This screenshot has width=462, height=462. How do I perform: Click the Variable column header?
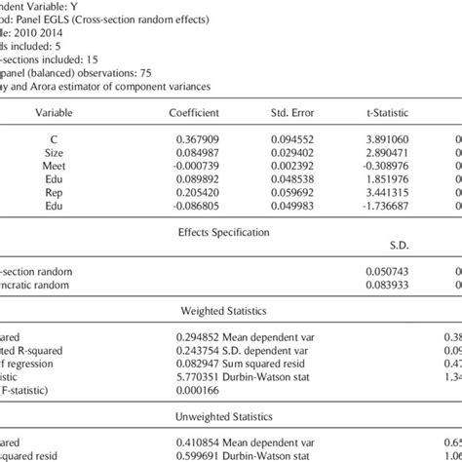53,112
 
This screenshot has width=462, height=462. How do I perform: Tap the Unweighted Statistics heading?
222,425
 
